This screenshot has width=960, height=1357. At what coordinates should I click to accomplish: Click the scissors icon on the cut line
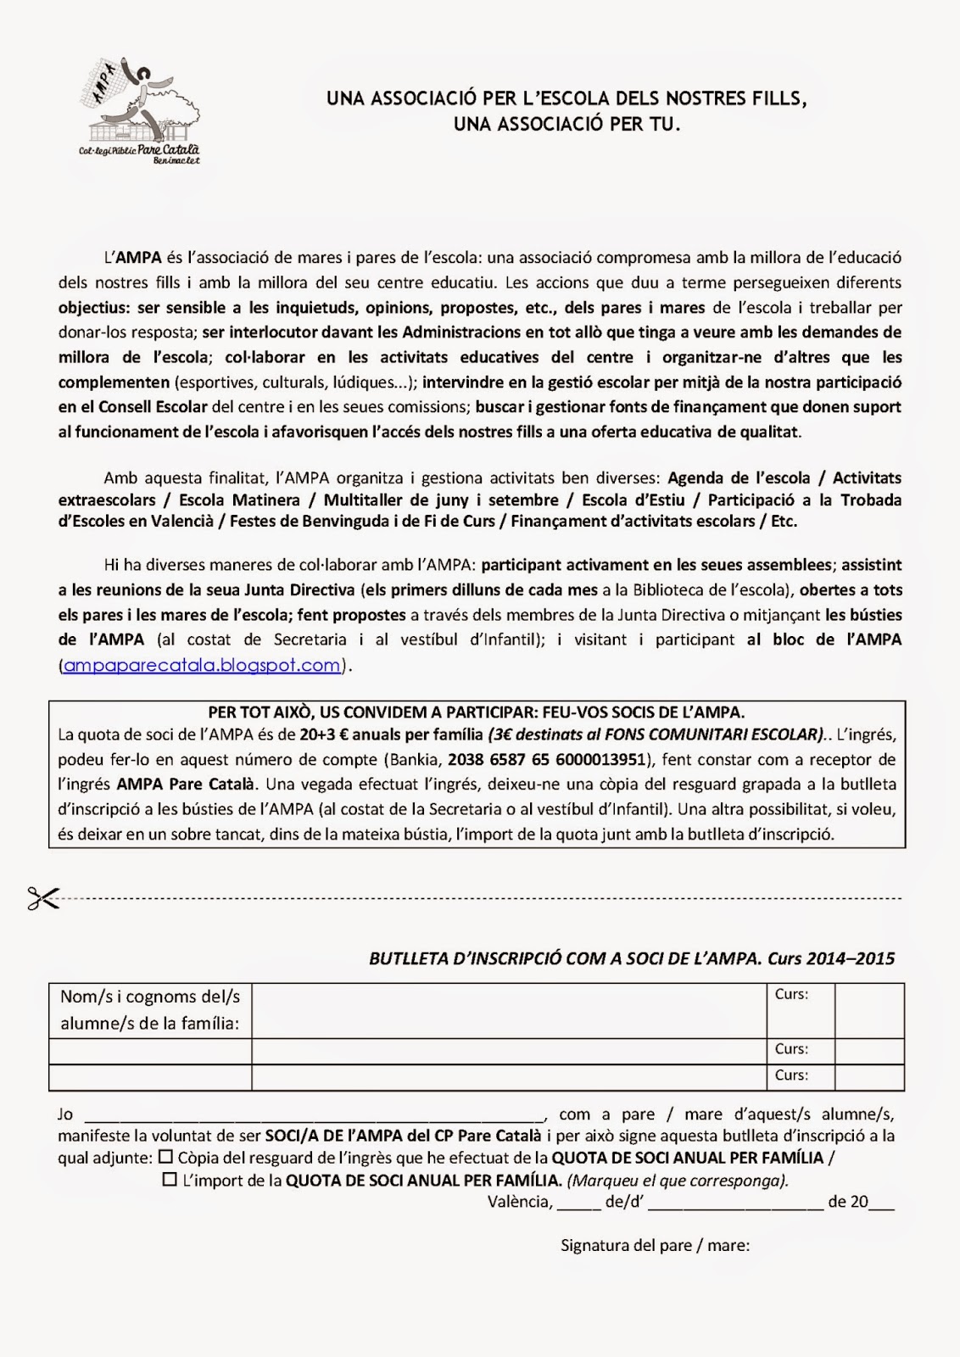(x=42, y=898)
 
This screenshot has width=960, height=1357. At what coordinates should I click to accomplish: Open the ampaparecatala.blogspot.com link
(x=202, y=665)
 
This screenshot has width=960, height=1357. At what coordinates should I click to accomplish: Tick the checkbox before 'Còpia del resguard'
(x=165, y=1156)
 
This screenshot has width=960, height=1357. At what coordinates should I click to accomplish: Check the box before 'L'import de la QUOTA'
(x=170, y=1179)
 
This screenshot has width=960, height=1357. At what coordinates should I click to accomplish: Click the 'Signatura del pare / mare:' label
(x=655, y=1245)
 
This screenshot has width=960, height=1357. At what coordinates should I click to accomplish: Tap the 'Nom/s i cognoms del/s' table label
(x=150, y=996)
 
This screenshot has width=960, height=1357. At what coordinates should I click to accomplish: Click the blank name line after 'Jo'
(x=314, y=1114)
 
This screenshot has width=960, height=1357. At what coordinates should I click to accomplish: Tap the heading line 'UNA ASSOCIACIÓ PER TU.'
(x=567, y=124)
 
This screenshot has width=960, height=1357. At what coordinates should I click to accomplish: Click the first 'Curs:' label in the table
(x=791, y=994)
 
